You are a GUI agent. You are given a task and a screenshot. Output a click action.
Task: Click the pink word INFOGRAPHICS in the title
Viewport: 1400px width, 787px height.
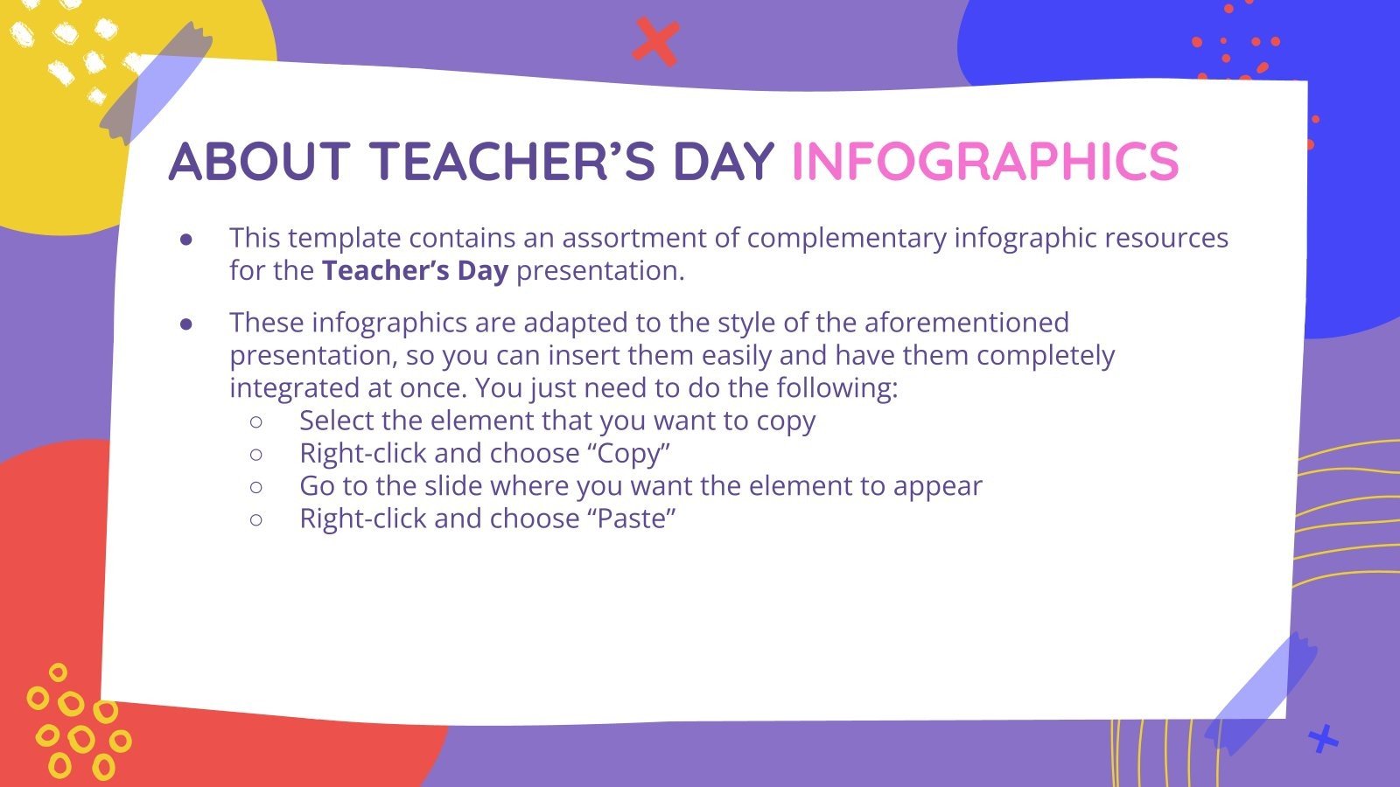984,161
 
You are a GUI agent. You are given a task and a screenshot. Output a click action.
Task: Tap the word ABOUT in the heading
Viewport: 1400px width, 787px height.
259,161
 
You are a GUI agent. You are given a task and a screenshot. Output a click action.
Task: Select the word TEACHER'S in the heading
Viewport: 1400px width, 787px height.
511,161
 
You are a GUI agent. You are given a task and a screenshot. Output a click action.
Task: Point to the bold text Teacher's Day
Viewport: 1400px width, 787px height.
415,271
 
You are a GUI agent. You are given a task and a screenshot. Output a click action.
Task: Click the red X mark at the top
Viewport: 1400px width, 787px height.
655,41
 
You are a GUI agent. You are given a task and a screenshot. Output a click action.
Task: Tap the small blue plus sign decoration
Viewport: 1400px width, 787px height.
1322,740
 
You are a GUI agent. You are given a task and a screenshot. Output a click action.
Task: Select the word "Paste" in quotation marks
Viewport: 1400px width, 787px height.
635,519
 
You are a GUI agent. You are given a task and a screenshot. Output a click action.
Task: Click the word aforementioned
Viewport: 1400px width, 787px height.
966,323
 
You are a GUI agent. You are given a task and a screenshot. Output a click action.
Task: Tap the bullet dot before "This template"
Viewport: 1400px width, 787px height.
186,239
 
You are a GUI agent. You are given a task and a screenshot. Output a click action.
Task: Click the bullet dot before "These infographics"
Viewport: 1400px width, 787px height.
186,324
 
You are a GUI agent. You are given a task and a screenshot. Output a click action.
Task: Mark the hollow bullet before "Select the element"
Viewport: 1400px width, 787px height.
255,421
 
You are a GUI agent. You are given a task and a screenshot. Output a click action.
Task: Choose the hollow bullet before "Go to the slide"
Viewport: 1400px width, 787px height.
255,486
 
